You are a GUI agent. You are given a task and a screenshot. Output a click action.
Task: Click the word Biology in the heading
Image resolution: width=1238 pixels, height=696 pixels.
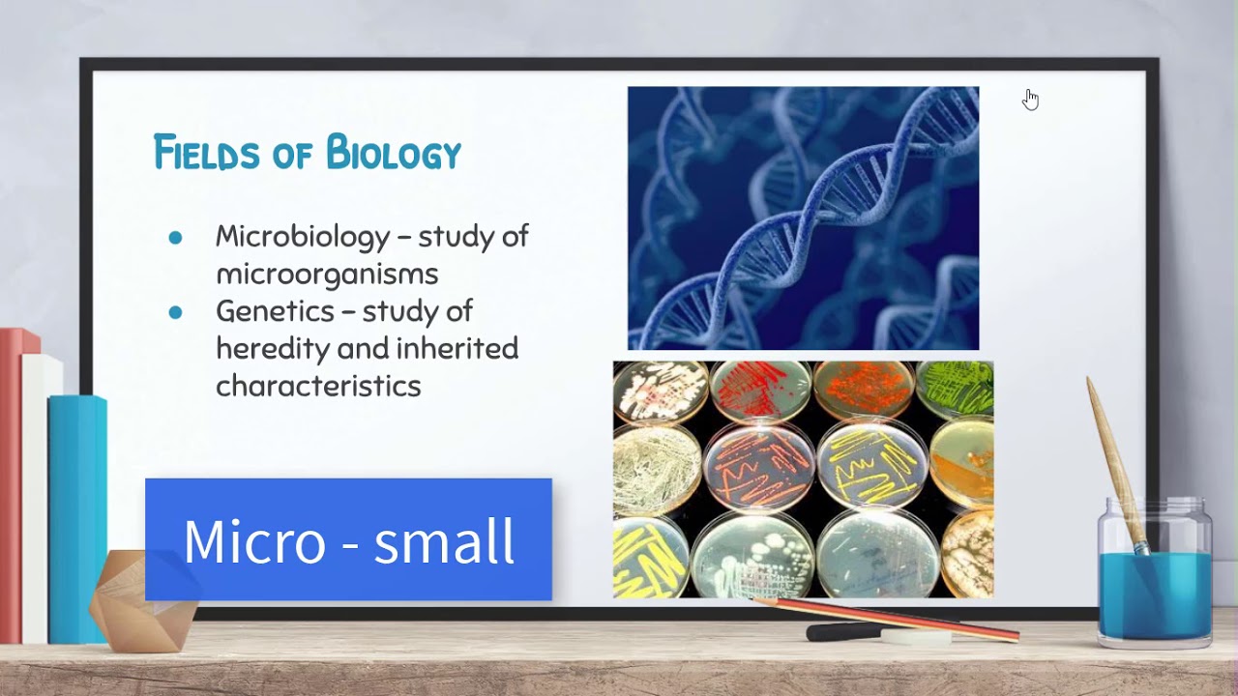pos(393,154)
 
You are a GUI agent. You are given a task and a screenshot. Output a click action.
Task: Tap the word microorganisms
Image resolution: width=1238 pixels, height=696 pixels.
pos(327,274)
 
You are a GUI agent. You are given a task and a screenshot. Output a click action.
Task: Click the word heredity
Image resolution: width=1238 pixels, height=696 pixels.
pos(272,348)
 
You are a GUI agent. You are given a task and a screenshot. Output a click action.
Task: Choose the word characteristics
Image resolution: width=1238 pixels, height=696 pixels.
pos(318,386)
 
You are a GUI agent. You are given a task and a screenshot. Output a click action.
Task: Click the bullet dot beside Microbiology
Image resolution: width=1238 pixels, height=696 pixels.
pos(175,238)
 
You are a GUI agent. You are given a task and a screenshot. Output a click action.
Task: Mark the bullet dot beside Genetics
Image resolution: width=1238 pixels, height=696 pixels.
pos(175,312)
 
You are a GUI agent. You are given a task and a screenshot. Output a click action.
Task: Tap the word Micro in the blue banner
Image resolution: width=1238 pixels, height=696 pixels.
pos(254,541)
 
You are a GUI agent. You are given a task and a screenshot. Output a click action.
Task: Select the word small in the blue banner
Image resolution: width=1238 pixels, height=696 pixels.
pos(444,541)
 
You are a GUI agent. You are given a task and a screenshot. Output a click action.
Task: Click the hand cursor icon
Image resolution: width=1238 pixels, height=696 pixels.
pos(1031,100)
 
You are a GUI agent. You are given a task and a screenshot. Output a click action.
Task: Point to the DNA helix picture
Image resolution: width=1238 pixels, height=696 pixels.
pos(803,217)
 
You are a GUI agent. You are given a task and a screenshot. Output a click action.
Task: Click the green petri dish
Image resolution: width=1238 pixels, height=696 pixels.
pos(957,389)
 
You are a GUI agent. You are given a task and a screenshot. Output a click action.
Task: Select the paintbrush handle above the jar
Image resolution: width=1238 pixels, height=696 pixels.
pos(1112,454)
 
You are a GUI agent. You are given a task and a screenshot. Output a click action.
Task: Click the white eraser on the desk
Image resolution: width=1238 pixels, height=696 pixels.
pos(916,637)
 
